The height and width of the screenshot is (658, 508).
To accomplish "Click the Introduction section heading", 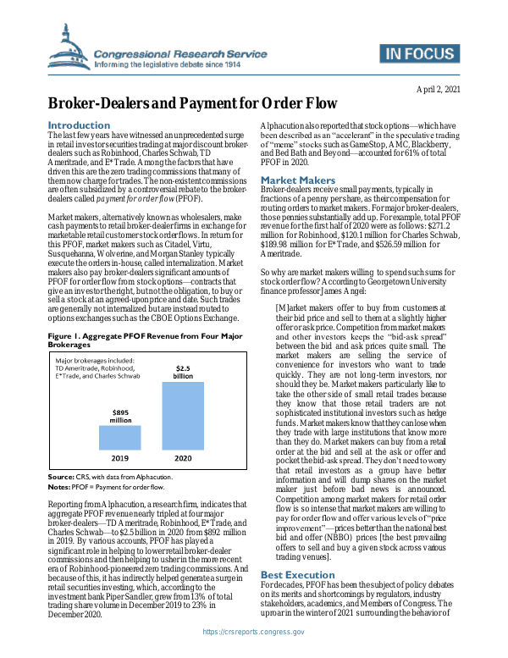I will tap(79, 125).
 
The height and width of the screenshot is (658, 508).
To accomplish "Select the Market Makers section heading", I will tap(297, 180).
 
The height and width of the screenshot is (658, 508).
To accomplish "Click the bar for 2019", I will tap(120, 437).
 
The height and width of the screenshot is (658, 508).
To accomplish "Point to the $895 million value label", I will tap(120, 415).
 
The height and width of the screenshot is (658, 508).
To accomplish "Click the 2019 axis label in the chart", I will tap(120, 458).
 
